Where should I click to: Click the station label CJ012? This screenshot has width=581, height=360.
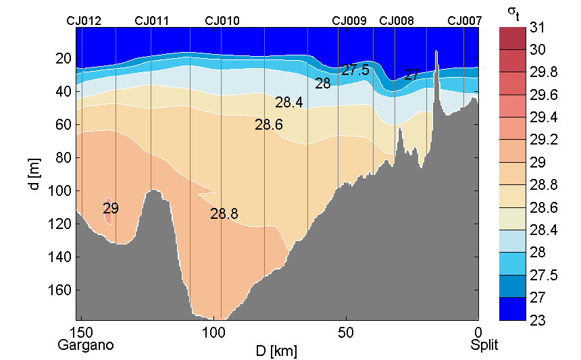click(84, 21)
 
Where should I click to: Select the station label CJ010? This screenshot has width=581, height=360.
click(222, 21)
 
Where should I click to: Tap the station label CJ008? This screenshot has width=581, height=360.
click(397, 21)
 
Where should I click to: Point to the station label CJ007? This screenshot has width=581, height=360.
click(465, 21)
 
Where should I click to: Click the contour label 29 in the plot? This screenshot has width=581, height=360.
click(111, 209)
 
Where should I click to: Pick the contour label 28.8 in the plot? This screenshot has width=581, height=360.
click(224, 214)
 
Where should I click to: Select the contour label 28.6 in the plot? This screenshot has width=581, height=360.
click(269, 124)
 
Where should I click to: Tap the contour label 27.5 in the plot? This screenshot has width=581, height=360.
click(355, 70)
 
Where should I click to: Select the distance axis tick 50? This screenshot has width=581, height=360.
click(346, 333)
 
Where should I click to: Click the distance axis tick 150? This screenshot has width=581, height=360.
click(82, 333)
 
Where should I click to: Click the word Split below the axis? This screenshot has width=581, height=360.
click(484, 345)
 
